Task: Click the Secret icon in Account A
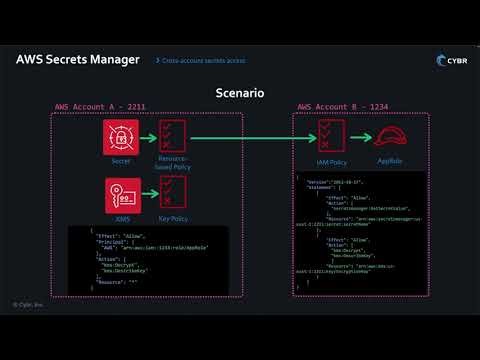coord(120,137)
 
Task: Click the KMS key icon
coord(120,190)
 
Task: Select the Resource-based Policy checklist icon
coord(174,136)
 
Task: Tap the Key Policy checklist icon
coord(174,190)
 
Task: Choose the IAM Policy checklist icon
coord(332,137)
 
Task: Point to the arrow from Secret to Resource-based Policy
coord(147,137)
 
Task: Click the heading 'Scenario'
coord(240,93)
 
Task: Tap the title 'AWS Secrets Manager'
coord(78,59)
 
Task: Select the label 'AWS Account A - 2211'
coord(96,107)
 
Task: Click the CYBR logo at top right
coord(449,60)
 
